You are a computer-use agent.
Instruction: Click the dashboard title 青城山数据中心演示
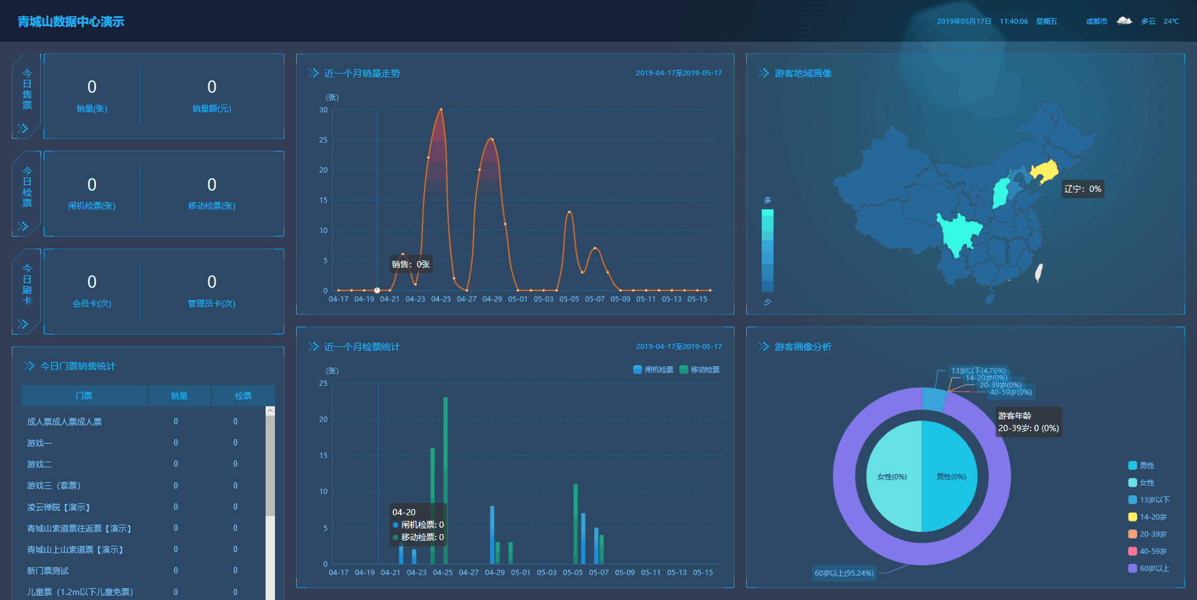click(x=70, y=22)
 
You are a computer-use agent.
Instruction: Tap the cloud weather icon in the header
click(x=1124, y=21)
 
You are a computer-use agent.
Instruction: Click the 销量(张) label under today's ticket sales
click(x=92, y=108)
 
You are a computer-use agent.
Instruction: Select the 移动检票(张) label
click(x=211, y=206)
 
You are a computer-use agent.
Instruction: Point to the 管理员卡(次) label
click(x=211, y=303)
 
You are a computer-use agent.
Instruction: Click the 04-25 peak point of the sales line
click(x=441, y=110)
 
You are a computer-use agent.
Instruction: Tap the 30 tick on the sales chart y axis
click(x=323, y=110)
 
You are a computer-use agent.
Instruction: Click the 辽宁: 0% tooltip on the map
click(x=1083, y=189)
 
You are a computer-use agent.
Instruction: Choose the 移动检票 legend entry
click(x=699, y=369)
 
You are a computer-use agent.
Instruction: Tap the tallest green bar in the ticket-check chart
click(x=445, y=480)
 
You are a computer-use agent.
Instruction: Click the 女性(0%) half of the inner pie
click(x=892, y=477)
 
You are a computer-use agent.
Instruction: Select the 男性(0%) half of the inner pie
click(x=951, y=477)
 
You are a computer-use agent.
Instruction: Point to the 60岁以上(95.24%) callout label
click(x=844, y=573)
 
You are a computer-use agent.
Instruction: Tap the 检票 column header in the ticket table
click(x=243, y=396)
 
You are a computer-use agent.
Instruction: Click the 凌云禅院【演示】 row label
click(x=59, y=507)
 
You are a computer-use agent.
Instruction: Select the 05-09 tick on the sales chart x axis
click(x=620, y=299)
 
